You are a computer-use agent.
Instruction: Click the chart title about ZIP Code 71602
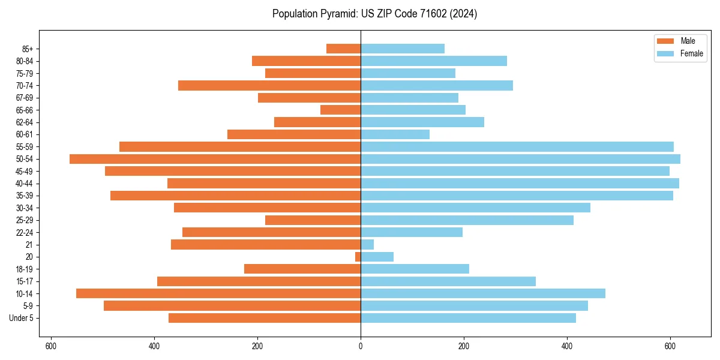(x=374, y=14)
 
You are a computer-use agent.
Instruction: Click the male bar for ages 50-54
(x=215, y=159)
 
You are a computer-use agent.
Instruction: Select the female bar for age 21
(x=367, y=245)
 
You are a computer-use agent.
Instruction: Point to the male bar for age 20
(x=358, y=257)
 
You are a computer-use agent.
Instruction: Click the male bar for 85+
(x=344, y=49)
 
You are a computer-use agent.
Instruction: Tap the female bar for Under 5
(x=468, y=318)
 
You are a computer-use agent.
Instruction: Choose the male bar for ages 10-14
(x=218, y=293)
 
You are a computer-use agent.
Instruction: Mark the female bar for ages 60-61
(x=395, y=134)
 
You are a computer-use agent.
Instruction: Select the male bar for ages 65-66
(x=341, y=110)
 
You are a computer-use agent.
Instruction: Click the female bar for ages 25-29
(x=467, y=220)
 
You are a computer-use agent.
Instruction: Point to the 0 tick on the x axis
(x=361, y=346)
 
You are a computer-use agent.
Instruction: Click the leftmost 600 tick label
(x=51, y=346)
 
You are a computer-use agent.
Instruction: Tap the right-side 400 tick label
(x=567, y=346)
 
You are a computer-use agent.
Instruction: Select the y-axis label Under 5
(x=22, y=318)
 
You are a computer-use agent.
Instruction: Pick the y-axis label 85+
(x=26, y=49)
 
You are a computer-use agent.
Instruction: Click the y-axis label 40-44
(x=24, y=184)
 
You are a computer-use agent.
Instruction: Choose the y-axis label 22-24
(x=24, y=232)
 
